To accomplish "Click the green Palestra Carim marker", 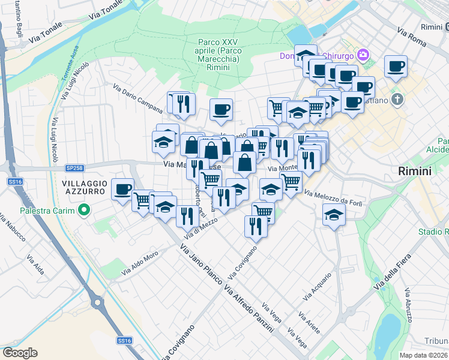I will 84,211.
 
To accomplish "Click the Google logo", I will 19,353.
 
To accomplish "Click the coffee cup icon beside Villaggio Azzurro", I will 123,189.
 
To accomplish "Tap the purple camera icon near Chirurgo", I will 363,56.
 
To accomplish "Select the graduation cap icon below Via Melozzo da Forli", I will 333,214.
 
